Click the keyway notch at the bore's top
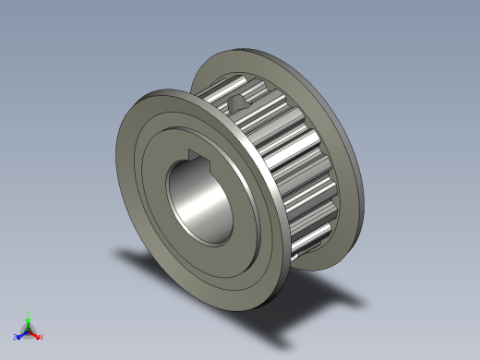(198, 155)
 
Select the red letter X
(42, 337)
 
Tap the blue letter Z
(15, 338)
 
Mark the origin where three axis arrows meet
(28, 330)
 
